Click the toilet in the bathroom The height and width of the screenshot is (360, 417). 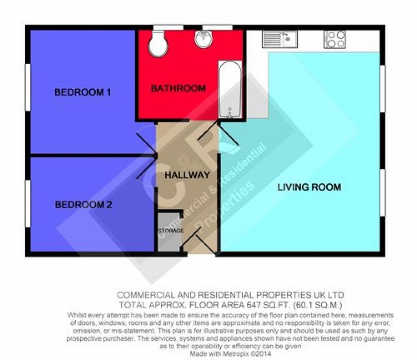click(x=158, y=44)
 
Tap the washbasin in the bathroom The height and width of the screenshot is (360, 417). click(x=204, y=39)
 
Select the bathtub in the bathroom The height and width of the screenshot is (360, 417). click(x=230, y=89)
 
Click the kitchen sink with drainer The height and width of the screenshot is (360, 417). click(x=279, y=39)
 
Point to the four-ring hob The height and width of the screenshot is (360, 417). click(x=335, y=39)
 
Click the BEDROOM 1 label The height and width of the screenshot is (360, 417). click(x=83, y=92)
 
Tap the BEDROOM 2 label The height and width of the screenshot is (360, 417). click(x=83, y=205)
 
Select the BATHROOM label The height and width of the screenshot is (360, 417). click(x=178, y=88)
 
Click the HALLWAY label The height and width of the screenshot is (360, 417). click(x=187, y=175)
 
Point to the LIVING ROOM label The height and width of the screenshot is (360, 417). click(x=309, y=187)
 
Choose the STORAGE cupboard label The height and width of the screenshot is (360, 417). click(x=171, y=231)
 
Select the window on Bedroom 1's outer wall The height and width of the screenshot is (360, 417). click(x=28, y=87)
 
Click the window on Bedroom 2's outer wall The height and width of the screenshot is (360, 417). click(x=28, y=204)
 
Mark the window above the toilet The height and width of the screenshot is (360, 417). click(x=168, y=27)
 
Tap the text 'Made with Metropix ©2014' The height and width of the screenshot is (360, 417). click(x=230, y=353)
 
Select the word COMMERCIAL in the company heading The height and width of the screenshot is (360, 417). click(x=146, y=295)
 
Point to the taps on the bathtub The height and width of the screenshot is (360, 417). click(x=230, y=113)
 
